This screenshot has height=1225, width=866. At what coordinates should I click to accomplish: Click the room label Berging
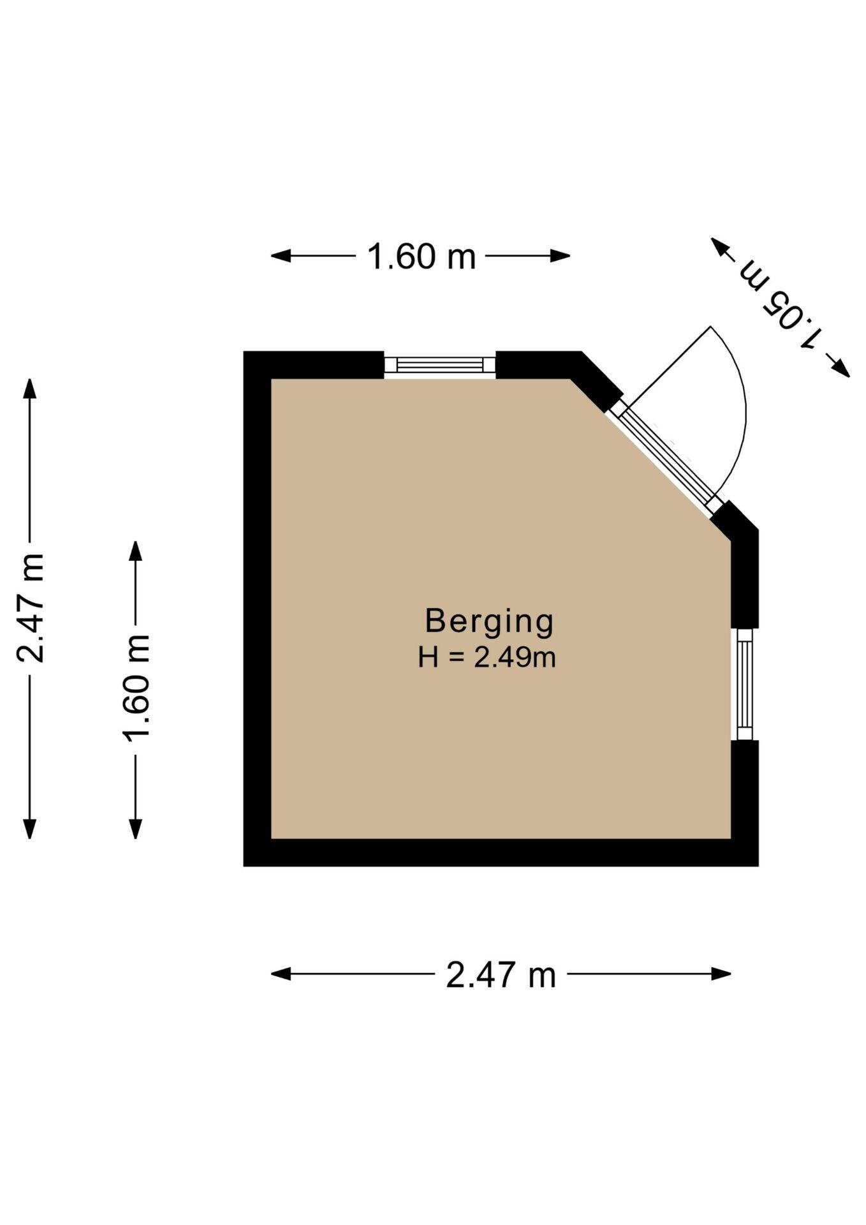(x=489, y=622)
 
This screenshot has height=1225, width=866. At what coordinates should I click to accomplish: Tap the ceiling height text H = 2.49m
(x=487, y=657)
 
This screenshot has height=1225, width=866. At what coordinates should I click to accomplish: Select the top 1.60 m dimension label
(x=422, y=257)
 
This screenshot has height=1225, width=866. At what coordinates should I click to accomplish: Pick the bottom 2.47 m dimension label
(x=501, y=975)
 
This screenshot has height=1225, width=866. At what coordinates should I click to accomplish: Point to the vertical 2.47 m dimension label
(x=31, y=608)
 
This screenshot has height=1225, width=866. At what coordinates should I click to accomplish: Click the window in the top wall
(x=440, y=365)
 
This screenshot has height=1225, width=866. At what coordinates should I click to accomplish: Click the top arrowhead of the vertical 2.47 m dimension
(x=29, y=389)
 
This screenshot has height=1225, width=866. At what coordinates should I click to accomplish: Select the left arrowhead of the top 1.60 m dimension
(x=281, y=256)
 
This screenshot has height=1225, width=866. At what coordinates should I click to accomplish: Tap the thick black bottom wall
(x=501, y=852)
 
